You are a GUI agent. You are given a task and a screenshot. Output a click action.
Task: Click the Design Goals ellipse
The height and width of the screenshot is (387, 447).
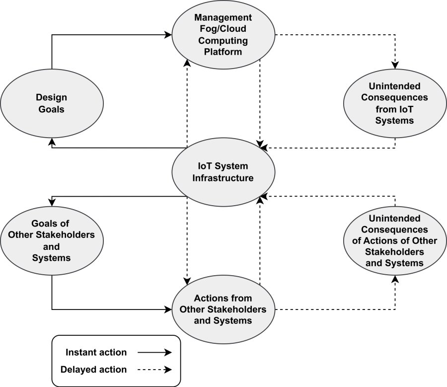click(52, 103)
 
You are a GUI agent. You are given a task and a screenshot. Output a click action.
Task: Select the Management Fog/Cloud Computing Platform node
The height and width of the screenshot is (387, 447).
click(223, 35)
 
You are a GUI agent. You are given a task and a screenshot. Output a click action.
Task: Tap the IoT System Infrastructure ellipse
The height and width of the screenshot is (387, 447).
click(223, 172)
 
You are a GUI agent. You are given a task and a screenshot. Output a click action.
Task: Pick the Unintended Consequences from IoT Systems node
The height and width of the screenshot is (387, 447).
click(395, 103)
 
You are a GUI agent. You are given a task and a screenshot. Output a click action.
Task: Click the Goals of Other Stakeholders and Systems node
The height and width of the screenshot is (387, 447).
click(52, 240)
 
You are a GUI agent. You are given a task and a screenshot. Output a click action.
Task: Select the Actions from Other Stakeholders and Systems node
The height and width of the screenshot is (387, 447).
click(223, 309)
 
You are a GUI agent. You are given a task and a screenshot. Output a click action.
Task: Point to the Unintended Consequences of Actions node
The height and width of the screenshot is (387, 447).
click(395, 240)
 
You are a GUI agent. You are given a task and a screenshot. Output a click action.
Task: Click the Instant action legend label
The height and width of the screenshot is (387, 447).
click(96, 352)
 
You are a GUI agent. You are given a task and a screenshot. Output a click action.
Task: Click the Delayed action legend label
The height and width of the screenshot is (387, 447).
click(93, 370)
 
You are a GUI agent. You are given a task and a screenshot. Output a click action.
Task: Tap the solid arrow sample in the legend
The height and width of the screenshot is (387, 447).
click(154, 352)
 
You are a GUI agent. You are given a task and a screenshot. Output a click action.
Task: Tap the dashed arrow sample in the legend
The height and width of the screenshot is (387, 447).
click(154, 370)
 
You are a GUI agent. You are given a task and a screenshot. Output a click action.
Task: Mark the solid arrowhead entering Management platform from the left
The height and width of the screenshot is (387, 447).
click(168, 35)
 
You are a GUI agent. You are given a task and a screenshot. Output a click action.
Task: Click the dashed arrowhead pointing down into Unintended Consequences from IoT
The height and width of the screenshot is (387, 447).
click(395, 65)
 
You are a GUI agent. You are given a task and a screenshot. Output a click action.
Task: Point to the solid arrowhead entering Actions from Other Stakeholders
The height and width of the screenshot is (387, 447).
click(168, 309)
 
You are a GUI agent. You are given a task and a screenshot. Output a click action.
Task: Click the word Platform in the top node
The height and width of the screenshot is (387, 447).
click(223, 51)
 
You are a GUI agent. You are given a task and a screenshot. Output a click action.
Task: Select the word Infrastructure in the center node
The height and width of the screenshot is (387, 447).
click(223, 178)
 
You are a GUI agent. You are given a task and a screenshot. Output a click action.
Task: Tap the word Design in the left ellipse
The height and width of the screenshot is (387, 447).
click(52, 97)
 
